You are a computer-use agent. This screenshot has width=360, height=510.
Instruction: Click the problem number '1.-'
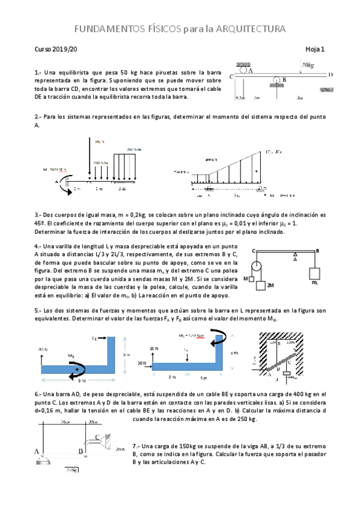pyautogui.click(x=38, y=71)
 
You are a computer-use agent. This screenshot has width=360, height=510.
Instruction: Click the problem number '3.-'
pyautogui.click(x=38, y=215)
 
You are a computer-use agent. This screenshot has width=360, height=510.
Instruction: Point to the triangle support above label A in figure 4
pyautogui.click(x=294, y=254)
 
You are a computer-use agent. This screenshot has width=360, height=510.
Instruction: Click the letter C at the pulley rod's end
pyautogui.click(x=254, y=250)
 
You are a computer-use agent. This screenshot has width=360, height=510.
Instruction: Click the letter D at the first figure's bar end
pyautogui.click(x=330, y=75)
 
